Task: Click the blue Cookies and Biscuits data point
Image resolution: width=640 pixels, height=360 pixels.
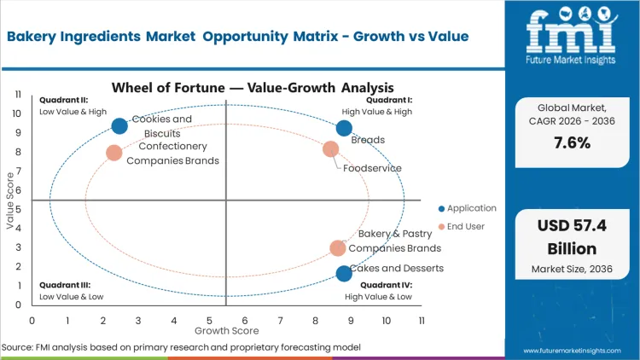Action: (119, 126)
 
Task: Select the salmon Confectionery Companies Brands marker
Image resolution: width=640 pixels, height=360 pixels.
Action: (114, 153)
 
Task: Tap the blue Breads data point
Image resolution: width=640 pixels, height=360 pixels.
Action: (344, 128)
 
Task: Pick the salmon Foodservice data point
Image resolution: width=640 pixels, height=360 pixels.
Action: (331, 149)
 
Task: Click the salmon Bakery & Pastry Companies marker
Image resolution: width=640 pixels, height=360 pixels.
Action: (338, 248)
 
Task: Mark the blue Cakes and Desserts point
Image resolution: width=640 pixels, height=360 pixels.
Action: (344, 274)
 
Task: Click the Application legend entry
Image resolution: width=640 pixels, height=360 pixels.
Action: (468, 208)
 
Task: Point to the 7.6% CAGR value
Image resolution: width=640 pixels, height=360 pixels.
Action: (571, 143)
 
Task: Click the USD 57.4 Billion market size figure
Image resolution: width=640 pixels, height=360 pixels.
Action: (571, 238)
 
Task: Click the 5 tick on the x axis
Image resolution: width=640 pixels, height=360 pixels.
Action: (209, 320)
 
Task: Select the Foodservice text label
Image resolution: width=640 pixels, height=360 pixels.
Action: (372, 168)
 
